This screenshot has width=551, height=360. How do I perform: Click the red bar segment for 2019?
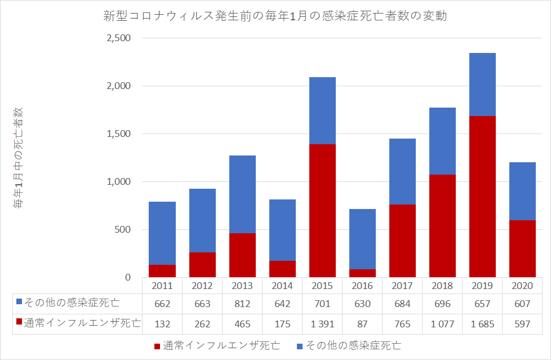click(x=482, y=197)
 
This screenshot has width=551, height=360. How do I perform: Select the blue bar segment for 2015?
click(x=322, y=110)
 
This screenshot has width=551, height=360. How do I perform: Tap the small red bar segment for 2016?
click(x=362, y=273)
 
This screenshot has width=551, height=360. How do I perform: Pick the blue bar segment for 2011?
click(x=162, y=233)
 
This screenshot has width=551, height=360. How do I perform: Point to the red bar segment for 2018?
click(x=442, y=226)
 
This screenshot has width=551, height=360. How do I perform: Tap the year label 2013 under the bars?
click(x=242, y=286)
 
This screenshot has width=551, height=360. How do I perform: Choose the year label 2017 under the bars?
click(x=402, y=286)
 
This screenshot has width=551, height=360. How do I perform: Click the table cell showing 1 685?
click(x=482, y=323)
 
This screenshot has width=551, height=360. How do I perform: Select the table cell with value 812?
click(x=242, y=304)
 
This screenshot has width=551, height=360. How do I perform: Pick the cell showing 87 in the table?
click(x=362, y=323)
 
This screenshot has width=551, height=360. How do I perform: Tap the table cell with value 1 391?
click(x=322, y=323)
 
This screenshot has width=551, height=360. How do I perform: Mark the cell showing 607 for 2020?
click(x=522, y=304)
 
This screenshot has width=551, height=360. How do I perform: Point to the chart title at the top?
click(x=275, y=16)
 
